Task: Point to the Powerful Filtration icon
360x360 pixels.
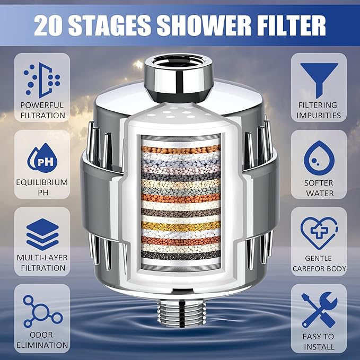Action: pyautogui.click(x=42, y=78)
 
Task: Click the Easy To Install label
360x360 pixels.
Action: pyautogui.click(x=319, y=341)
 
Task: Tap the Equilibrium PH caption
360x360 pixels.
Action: pyautogui.click(x=42, y=187)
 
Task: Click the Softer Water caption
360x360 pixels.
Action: pyautogui.click(x=319, y=187)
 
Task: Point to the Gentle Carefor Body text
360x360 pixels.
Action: pyautogui.click(x=319, y=264)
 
